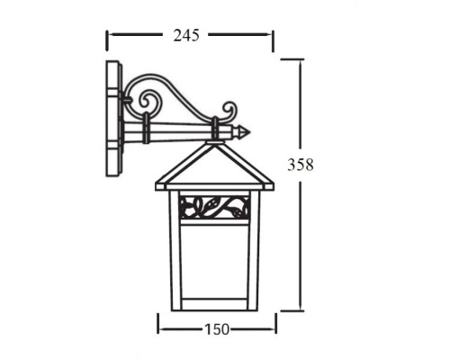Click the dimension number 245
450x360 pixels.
point(185,35)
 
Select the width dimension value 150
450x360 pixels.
point(214,329)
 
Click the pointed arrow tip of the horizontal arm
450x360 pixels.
point(247,132)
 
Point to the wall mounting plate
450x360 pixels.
point(113,117)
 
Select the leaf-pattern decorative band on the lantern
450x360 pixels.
point(213,208)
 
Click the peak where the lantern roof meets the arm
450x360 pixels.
point(216,144)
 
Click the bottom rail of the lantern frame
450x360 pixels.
point(213,306)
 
